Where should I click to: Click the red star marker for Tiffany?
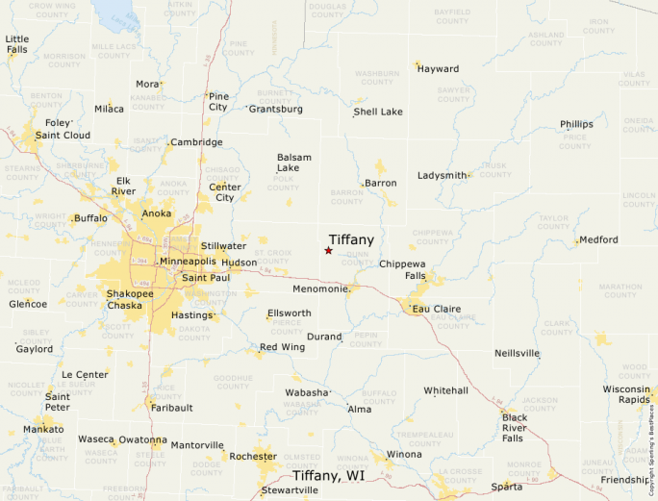[x=328, y=251]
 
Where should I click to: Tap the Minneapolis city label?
[x=188, y=262]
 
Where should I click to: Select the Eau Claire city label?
[x=437, y=310]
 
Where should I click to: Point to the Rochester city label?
[x=252, y=457]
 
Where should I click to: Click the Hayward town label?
[x=438, y=69]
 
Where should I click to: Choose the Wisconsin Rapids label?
[x=627, y=394]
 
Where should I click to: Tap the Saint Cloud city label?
[x=63, y=136]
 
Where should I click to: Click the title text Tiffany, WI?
[x=328, y=476]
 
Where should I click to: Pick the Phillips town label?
[x=577, y=124]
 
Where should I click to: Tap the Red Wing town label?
[x=282, y=347]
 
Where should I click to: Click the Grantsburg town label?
[x=276, y=109]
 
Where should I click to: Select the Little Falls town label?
[x=17, y=44]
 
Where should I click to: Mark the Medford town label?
[x=598, y=239]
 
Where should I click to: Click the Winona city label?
[x=404, y=454]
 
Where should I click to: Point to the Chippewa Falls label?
[x=402, y=269]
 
